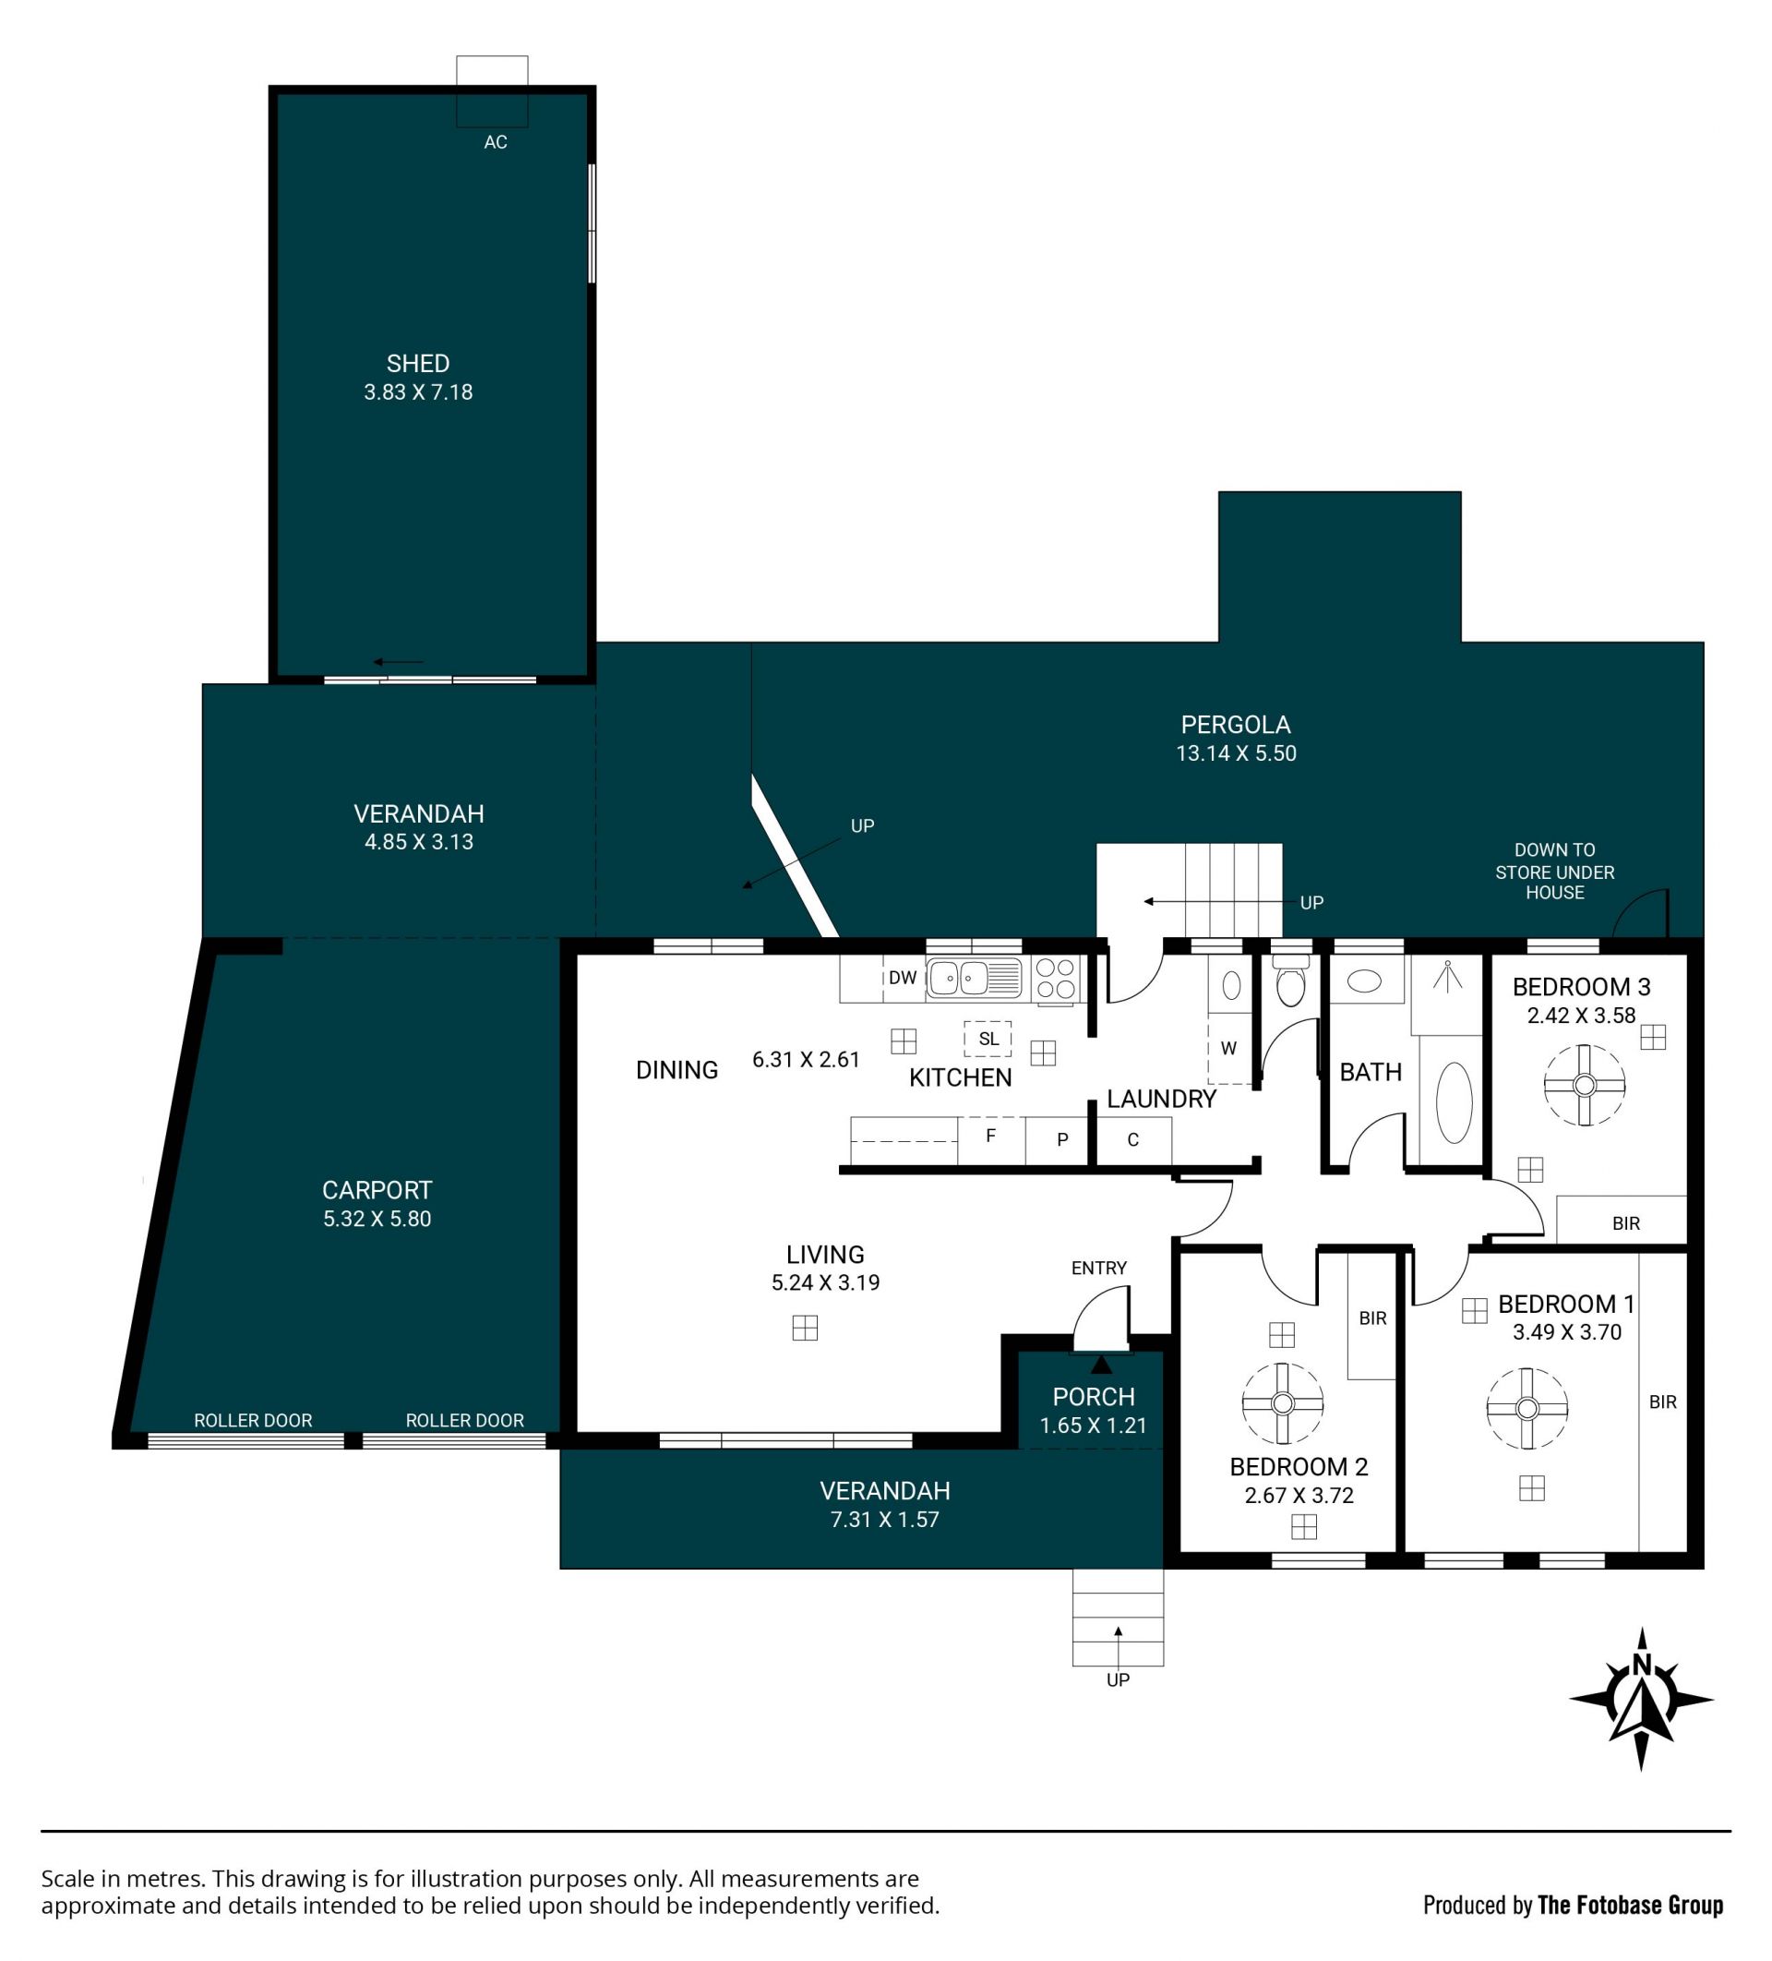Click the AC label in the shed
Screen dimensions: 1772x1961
(495, 142)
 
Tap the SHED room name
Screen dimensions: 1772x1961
(418, 364)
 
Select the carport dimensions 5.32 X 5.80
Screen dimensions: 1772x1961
(377, 1219)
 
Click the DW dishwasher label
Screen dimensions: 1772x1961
(903, 978)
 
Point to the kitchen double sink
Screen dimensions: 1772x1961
(974, 978)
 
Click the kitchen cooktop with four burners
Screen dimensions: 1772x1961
(1055, 979)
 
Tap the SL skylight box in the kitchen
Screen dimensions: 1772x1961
(988, 1038)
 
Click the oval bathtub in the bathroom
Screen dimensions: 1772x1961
(1454, 1102)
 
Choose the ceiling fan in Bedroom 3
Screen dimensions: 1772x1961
(1586, 1086)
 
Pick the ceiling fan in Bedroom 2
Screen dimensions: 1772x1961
(1283, 1403)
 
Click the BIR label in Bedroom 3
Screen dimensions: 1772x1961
(1626, 1223)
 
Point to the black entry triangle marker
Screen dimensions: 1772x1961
(1102, 1364)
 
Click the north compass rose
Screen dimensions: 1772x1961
(1642, 1700)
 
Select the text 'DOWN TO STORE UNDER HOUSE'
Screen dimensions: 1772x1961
(1555, 871)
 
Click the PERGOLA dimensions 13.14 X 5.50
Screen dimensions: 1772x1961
(1236, 752)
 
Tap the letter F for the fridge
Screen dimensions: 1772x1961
(991, 1136)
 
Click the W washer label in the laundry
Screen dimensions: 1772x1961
(1228, 1048)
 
